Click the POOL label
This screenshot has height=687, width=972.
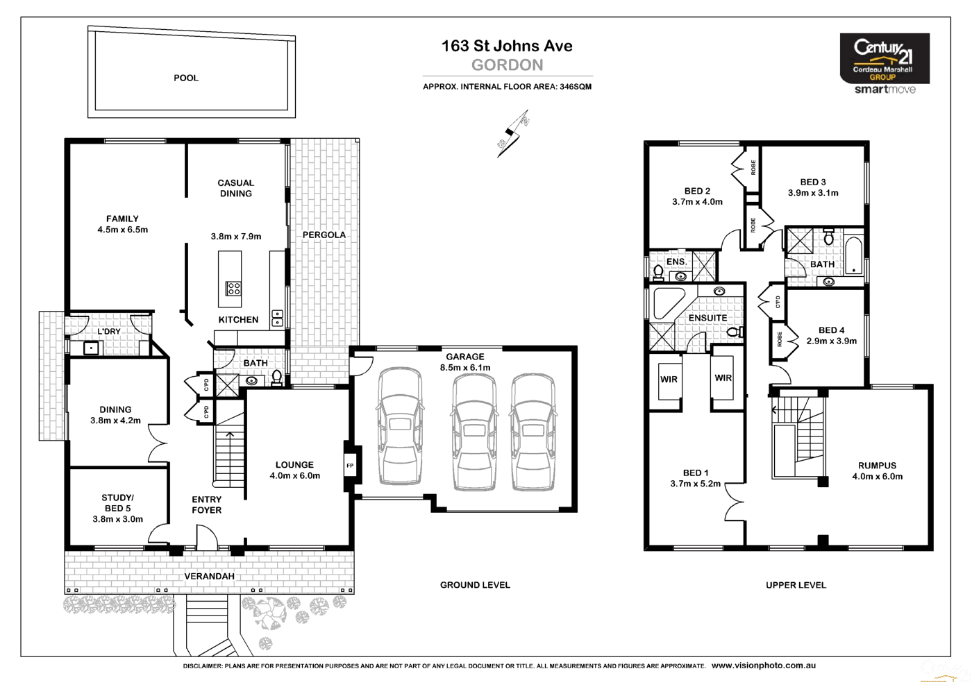[186, 78]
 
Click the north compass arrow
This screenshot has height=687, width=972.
[514, 134]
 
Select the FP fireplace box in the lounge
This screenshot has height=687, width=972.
[350, 466]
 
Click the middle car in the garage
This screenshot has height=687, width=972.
[474, 432]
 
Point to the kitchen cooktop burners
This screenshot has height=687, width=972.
[233, 289]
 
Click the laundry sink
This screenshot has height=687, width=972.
[91, 348]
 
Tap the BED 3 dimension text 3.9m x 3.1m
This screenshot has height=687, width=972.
[813, 193]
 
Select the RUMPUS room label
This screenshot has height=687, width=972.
[877, 466]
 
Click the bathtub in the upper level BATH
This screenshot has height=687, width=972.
[853, 257]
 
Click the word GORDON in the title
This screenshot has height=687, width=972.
[507, 65]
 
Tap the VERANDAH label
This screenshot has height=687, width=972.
[209, 576]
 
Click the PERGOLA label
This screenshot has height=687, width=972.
[324, 235]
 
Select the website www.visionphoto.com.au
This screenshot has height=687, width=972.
[764, 665]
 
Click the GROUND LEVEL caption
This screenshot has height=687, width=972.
[475, 585]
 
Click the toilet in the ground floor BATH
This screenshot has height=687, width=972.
[276, 378]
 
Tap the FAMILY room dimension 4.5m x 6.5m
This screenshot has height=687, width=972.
[122, 230]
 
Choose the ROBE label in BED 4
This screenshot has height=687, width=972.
[780, 339]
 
